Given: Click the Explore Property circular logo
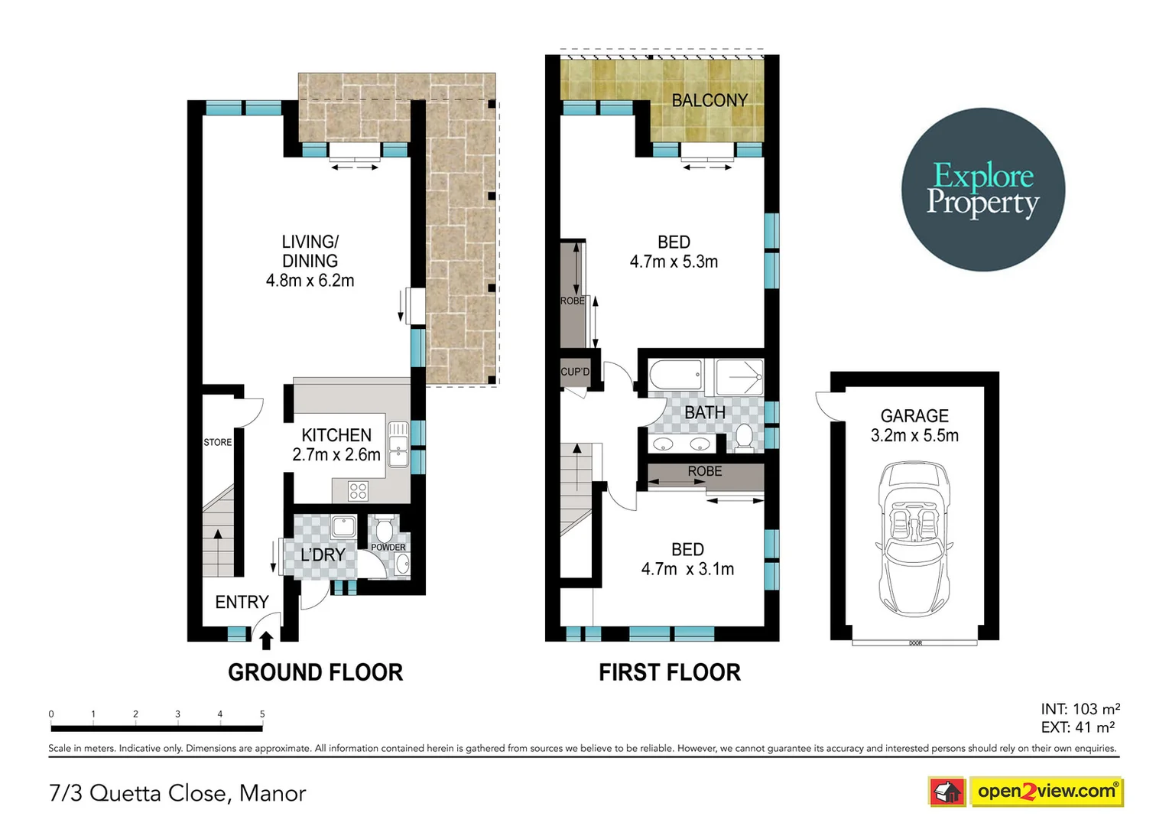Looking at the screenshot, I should [982, 189].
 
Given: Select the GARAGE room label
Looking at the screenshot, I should [914, 416].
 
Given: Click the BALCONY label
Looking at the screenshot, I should [709, 100].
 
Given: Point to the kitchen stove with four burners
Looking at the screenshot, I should [358, 490].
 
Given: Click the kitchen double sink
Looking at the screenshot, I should [398, 444].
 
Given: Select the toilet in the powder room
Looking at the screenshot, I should [384, 528].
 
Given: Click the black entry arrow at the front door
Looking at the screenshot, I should [266, 639].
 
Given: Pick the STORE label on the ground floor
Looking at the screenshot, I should [217, 442].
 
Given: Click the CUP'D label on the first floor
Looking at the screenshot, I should [575, 372].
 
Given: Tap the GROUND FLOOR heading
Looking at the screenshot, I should [315, 672].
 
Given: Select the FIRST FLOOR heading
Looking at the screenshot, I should [669, 672].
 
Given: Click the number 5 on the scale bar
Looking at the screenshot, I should [262, 714].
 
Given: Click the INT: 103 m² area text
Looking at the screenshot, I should [1080, 709].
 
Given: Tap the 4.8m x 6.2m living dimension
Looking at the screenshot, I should [310, 281].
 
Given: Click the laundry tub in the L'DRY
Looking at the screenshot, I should [343, 526].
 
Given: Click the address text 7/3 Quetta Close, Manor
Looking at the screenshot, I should [177, 793].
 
